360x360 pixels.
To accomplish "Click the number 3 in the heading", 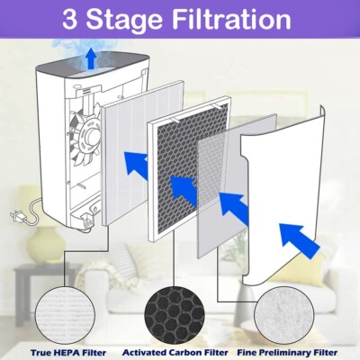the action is [69, 19].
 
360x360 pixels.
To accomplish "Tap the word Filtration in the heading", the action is [231, 19].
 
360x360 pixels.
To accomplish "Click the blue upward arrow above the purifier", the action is [90, 59].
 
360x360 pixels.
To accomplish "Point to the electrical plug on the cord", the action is [16, 216].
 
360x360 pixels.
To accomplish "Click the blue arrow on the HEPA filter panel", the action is [136, 166].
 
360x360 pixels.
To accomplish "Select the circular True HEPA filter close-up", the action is [65, 315].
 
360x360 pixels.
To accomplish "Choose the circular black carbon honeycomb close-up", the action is [175, 316].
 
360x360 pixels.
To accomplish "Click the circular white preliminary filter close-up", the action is [283, 316].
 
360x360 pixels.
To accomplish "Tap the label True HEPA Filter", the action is [68, 353].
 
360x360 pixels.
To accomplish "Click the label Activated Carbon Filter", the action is [175, 353].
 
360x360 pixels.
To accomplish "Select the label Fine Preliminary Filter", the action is [287, 353].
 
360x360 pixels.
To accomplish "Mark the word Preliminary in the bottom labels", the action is [285, 353].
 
